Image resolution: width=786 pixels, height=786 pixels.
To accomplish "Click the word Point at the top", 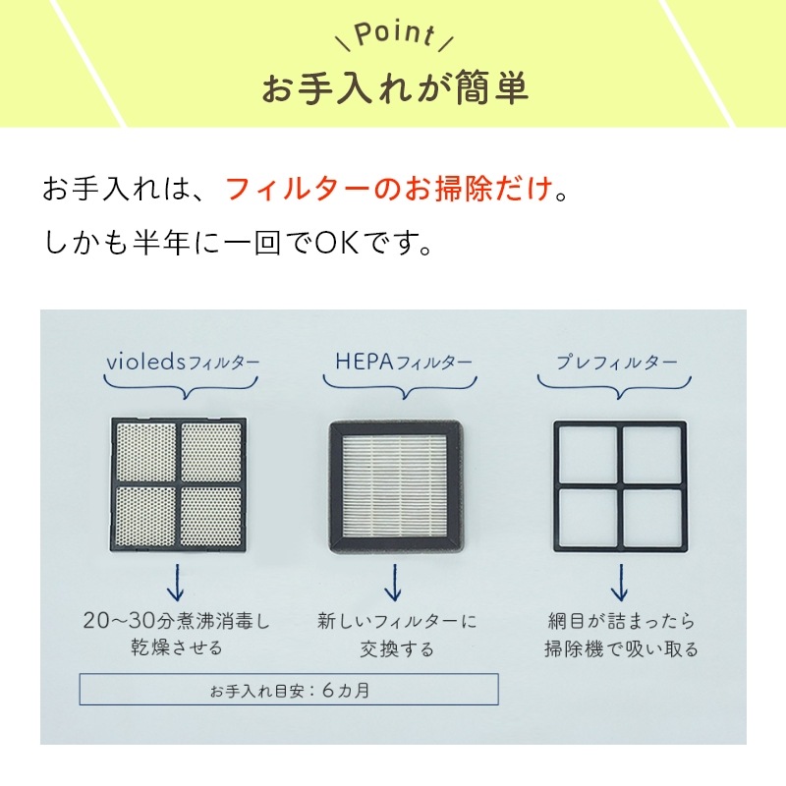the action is [394, 34].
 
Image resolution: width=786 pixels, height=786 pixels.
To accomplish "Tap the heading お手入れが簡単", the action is [395, 88].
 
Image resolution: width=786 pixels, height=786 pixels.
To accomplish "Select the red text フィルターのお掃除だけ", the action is [389, 189].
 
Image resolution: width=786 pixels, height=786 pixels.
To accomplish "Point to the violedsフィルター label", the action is [183, 362].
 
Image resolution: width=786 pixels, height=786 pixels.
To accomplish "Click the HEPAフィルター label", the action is [404, 362].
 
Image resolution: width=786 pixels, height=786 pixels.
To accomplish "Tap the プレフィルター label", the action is [617, 362].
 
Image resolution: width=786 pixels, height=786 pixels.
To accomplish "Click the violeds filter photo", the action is [179, 484].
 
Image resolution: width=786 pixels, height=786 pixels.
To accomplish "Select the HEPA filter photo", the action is [396, 486].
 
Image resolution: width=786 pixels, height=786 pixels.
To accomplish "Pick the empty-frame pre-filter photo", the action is [620, 486].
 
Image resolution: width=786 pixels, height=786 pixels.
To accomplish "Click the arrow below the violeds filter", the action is [175, 582].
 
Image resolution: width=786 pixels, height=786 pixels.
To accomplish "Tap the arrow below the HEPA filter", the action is [394, 582].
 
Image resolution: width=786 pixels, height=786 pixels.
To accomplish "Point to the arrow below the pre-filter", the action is [620, 582].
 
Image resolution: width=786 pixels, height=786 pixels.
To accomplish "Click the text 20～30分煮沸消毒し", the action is [177, 621].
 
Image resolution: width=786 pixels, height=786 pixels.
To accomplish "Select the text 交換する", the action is [397, 649].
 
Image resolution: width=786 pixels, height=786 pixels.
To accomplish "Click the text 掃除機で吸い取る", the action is [621, 649].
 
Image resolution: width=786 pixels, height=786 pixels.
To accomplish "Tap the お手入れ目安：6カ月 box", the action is [289, 690].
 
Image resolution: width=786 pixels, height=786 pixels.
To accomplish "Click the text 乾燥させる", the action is [177, 648].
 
